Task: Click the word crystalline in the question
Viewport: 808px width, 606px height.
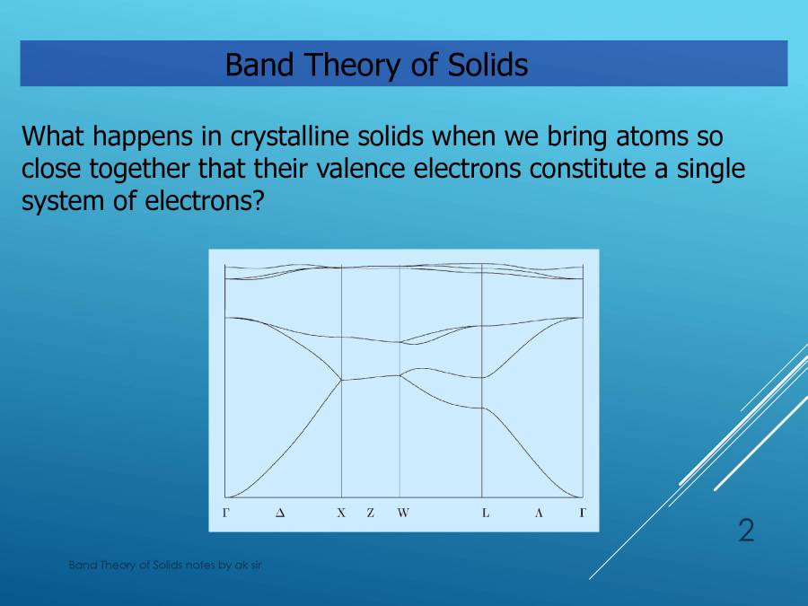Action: coord(280,137)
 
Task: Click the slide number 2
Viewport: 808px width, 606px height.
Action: coord(746,531)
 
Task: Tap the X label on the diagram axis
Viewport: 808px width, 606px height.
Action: coord(341,514)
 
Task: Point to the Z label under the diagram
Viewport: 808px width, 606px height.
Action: coord(370,514)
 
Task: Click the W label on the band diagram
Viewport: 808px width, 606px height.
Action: coord(403,514)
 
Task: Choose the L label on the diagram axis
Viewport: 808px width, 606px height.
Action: coord(486,514)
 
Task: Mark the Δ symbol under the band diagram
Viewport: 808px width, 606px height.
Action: coord(280,514)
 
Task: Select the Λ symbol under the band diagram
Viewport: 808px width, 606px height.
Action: coord(539,514)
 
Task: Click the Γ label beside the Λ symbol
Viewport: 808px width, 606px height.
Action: coord(583,514)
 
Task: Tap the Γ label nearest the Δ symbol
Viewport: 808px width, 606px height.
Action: coord(225,514)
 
